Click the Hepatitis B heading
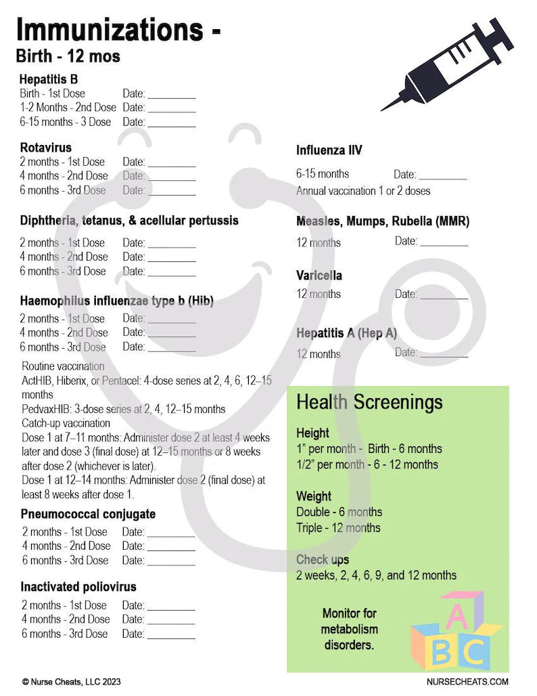(x=48, y=79)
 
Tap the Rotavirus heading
(x=45, y=147)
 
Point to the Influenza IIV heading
(x=329, y=150)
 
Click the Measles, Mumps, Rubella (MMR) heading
(x=382, y=221)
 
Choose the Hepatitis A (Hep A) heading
(x=346, y=333)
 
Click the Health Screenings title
(x=369, y=402)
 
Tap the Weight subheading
(x=314, y=496)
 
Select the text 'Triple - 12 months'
(x=338, y=528)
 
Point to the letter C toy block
(x=475, y=653)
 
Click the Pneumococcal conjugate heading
(x=88, y=514)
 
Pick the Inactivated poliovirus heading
(x=78, y=587)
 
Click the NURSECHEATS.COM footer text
(x=467, y=682)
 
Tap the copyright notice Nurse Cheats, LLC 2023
(x=71, y=682)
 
